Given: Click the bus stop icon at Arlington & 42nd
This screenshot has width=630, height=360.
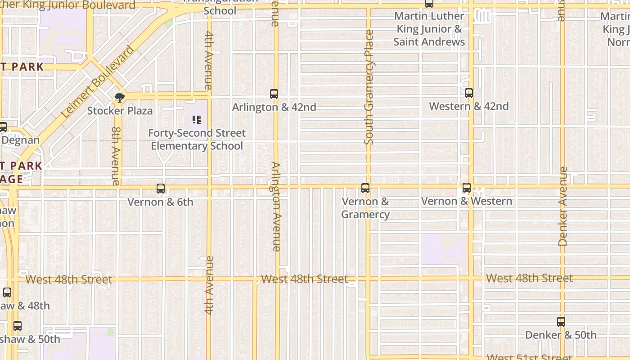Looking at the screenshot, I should [x=274, y=94].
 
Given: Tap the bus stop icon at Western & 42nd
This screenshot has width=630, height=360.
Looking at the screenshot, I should [x=469, y=93].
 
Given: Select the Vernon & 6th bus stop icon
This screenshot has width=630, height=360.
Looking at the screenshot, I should [x=161, y=189].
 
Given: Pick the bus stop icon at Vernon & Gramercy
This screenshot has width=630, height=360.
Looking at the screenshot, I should [x=365, y=188].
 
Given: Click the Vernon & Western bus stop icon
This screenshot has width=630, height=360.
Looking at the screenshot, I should [x=467, y=188].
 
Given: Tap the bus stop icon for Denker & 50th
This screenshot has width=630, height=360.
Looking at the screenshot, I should [x=561, y=322].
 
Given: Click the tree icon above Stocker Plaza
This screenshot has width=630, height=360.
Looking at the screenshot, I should [x=120, y=97].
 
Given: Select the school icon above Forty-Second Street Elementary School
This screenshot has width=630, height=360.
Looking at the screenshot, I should [x=197, y=120].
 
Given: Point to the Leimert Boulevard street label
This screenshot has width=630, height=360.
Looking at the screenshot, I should [x=98, y=81].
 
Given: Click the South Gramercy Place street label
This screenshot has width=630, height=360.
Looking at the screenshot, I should [x=369, y=87].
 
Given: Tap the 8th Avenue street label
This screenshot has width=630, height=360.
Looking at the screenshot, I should [x=116, y=156].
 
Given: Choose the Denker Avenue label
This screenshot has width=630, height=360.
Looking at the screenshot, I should [x=562, y=206].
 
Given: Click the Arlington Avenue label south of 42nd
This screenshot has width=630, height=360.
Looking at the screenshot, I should [x=276, y=206].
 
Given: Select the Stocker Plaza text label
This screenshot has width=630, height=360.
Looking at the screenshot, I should [x=120, y=111].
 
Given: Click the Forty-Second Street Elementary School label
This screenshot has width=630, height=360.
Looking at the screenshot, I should [x=197, y=139].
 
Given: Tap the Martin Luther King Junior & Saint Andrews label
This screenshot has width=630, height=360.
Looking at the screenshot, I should [x=429, y=29].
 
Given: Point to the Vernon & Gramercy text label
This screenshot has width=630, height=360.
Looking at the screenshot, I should [x=365, y=208].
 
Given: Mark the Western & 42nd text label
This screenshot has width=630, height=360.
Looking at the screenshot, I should [x=469, y=107].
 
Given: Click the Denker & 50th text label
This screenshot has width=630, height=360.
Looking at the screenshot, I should [x=561, y=335].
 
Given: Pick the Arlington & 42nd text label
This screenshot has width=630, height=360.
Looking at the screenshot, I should [x=274, y=107].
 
